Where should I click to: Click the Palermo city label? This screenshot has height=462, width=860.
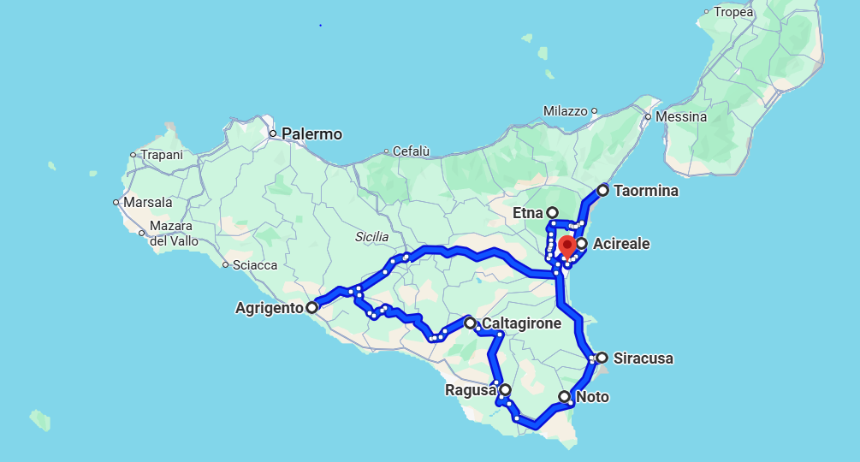pos(311,134)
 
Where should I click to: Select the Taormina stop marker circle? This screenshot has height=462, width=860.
pos(602,190)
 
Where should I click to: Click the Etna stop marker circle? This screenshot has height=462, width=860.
pos(552,212)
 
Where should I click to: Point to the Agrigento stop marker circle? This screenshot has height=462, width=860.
pos(311,306)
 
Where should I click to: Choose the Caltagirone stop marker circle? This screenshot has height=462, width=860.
pos(470,323)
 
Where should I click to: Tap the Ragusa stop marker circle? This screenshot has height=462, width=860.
pos(505,390)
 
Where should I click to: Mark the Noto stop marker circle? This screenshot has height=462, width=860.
pos(564,397)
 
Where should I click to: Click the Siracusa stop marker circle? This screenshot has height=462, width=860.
pos(602,358)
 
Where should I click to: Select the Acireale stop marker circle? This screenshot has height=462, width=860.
pos(581,244)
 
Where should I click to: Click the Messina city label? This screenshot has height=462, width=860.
pos(683,116)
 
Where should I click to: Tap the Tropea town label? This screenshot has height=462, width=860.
pos(733,12)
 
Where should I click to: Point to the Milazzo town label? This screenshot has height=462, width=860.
pos(565,111)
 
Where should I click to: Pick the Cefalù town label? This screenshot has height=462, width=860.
pos(411,151)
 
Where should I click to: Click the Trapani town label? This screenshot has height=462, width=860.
pos(162,155)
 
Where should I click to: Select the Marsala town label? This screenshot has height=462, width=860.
pos(148,203)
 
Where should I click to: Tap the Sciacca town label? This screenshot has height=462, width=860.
pos(256,265)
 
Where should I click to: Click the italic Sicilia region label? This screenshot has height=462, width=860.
pos(371,237)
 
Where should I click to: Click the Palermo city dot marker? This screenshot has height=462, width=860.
pos(273,133)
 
